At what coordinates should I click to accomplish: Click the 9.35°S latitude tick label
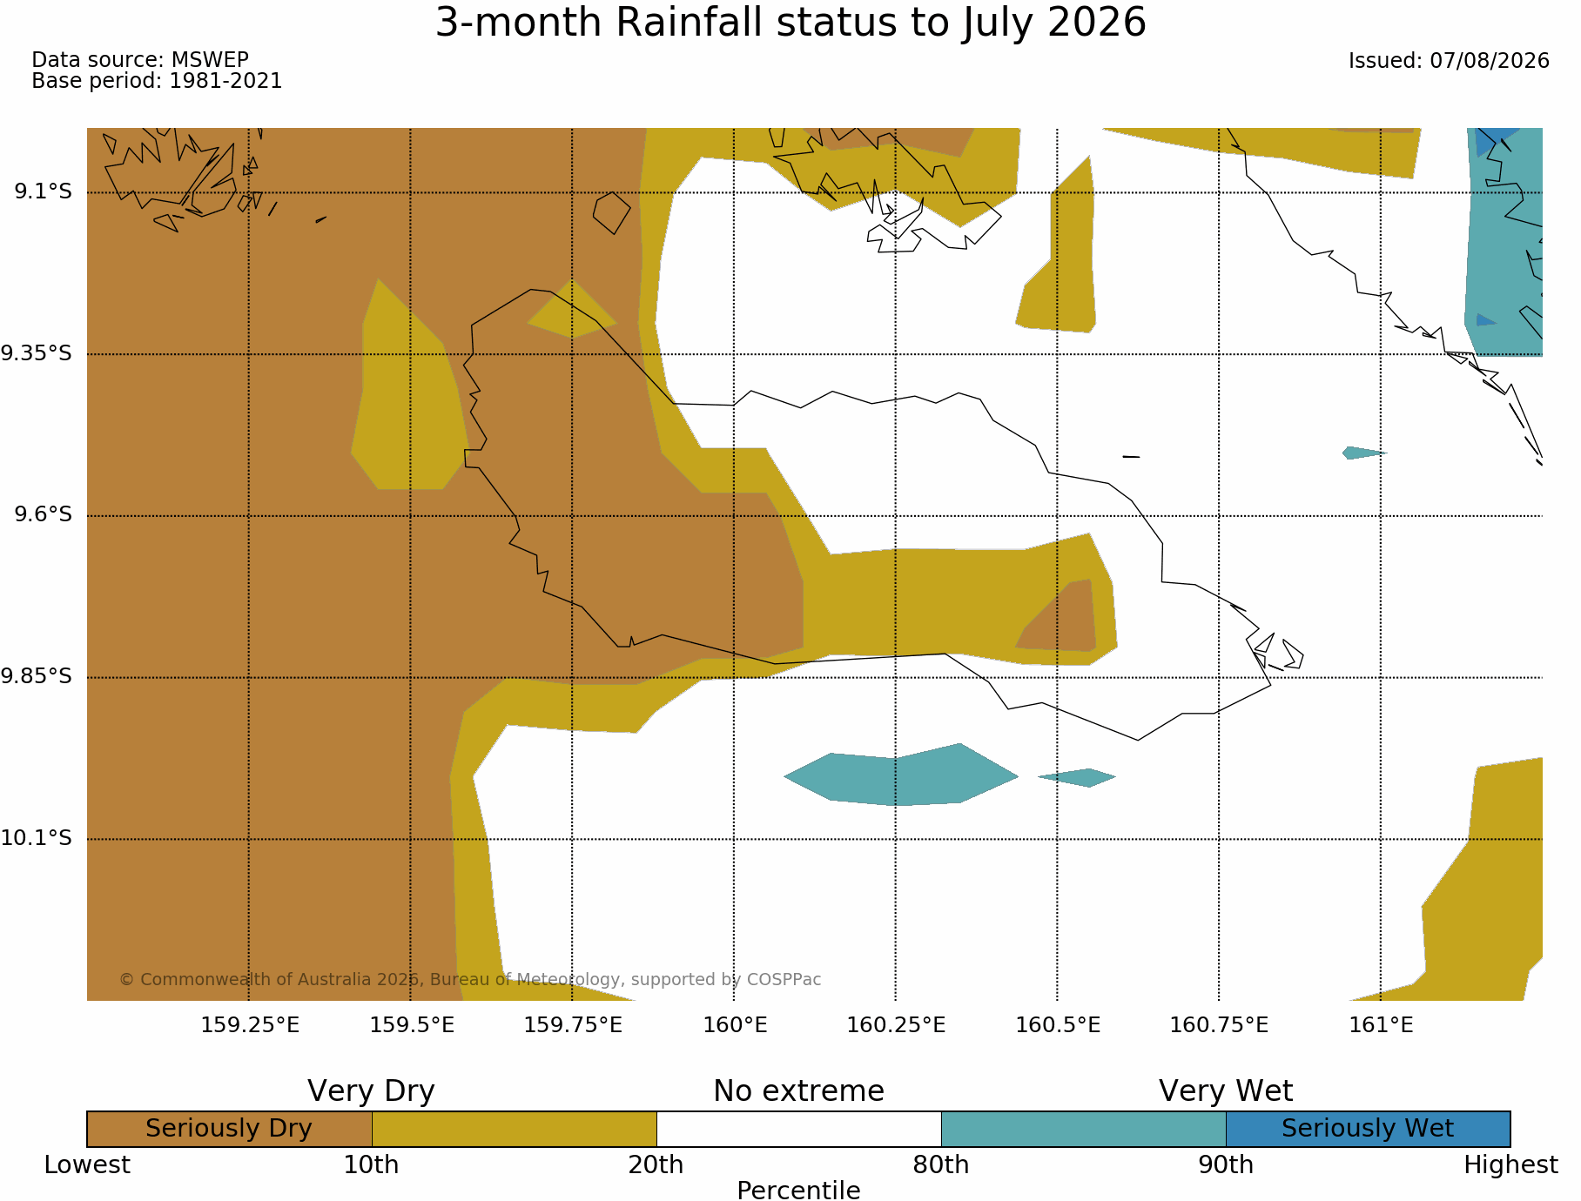(36, 353)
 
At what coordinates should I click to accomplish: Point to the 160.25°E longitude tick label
(896, 1025)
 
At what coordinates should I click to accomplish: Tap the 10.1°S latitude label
(36, 838)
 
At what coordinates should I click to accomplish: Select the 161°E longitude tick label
(1381, 1025)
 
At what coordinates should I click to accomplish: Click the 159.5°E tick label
(412, 1025)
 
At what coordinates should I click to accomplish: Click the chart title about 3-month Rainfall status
(790, 23)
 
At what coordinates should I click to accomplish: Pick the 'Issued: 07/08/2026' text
(1449, 61)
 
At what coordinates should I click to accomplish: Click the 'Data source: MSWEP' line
(140, 60)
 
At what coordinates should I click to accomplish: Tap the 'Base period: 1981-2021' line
(157, 81)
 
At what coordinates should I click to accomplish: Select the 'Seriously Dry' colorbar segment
(229, 1129)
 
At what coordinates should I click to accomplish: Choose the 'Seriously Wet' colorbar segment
(1368, 1129)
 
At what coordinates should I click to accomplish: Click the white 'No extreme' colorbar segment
(798, 1129)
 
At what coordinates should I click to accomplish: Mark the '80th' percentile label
(941, 1164)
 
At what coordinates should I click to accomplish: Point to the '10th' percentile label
(371, 1164)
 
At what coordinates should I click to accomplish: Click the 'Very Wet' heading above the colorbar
(1226, 1090)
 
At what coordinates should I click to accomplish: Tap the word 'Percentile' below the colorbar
(798, 1190)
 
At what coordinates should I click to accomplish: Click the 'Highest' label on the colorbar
(1510, 1164)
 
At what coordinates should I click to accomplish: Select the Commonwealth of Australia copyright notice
(470, 979)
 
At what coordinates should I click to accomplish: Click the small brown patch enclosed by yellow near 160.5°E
(1060, 618)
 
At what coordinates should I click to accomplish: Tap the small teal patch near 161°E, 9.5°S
(1363, 453)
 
